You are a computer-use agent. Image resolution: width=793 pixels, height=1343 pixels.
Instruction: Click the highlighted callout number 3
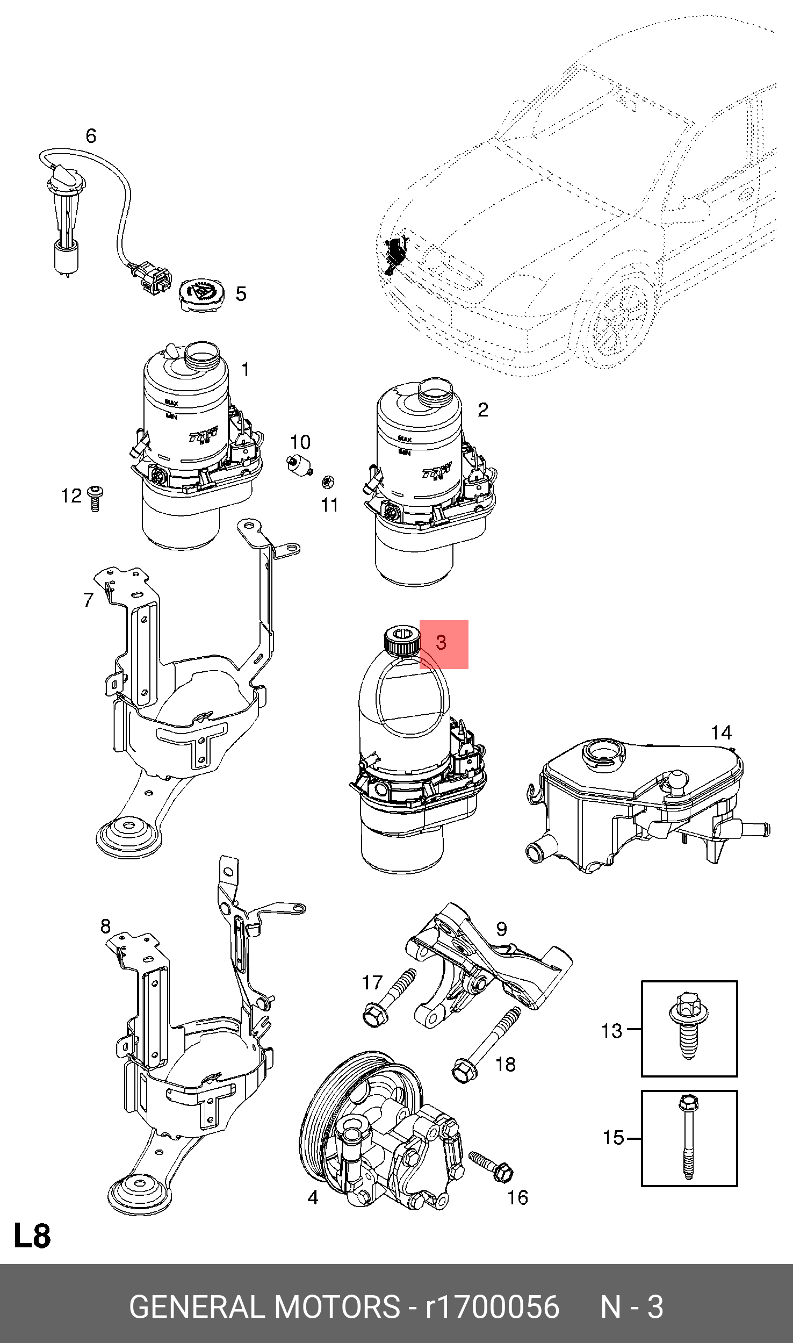442,643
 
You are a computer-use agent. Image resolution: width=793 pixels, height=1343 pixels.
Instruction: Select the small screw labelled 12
95,498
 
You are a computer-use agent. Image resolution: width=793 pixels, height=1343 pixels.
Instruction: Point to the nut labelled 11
326,481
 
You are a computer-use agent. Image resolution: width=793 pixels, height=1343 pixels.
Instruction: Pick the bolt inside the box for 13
688,1028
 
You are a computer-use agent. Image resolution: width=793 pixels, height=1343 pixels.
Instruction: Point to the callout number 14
721,732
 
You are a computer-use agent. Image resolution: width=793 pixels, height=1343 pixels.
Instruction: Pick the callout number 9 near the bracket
501,928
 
